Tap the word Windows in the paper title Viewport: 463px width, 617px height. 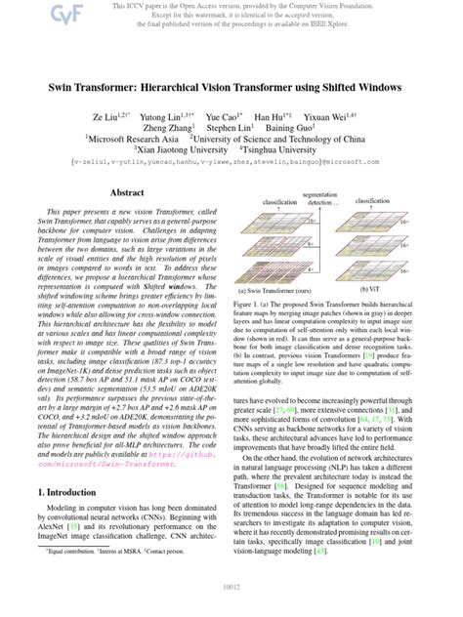[372, 87]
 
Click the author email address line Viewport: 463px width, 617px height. [231, 165]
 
